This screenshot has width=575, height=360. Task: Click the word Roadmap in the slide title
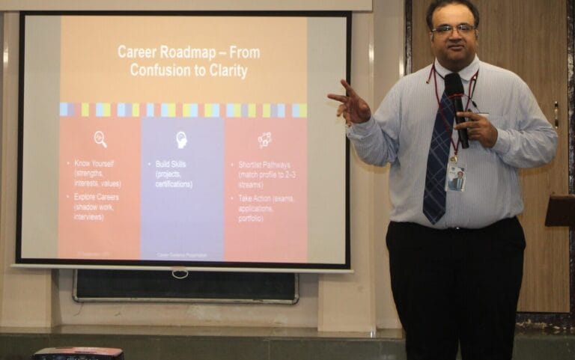point(189,52)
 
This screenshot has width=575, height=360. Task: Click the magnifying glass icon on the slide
point(100,138)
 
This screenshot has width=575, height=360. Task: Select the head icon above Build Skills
point(181,139)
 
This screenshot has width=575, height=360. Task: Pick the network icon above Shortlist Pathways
point(264,139)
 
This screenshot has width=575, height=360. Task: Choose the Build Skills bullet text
point(172,163)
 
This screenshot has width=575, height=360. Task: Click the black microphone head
point(454,85)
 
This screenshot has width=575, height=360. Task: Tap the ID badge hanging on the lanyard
point(455,178)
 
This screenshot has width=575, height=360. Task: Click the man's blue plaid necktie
point(438,165)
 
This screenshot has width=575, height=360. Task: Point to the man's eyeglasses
point(453,28)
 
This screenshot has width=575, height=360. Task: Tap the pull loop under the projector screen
point(180,273)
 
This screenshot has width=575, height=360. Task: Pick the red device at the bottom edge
point(78,353)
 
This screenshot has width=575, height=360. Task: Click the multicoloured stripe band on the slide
point(183,110)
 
